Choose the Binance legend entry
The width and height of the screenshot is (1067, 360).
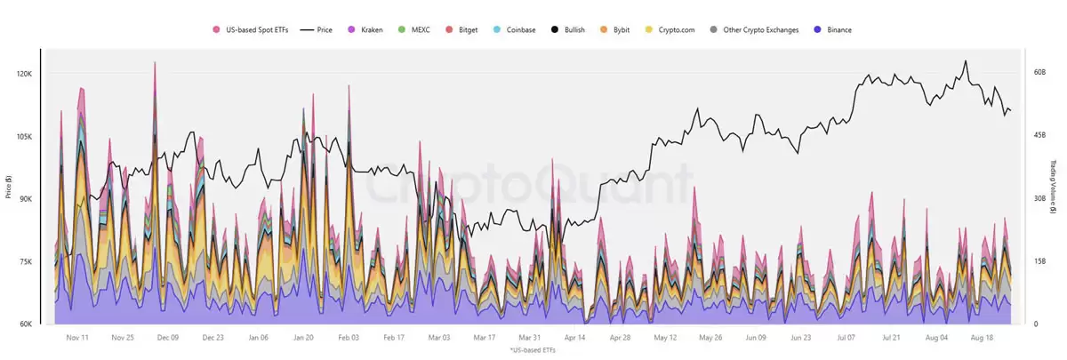click(833, 29)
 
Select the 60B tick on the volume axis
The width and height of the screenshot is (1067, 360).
click(1039, 73)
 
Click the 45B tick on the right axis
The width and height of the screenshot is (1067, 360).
click(1039, 136)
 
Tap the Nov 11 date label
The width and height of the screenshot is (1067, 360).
click(77, 338)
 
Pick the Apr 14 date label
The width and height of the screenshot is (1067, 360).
click(575, 338)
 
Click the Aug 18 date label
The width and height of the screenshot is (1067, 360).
click(981, 338)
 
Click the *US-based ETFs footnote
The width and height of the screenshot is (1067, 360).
click(533, 352)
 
